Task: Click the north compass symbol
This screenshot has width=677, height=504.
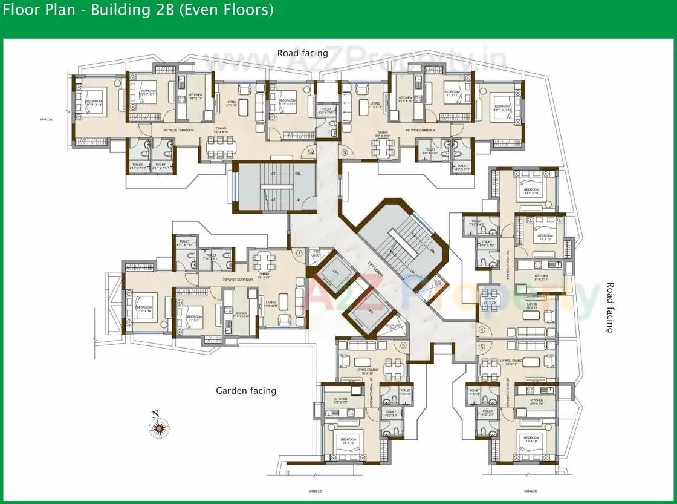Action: click(159, 426)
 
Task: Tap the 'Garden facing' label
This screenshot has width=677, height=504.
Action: click(246, 391)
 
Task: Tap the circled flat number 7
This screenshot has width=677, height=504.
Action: click(299, 254)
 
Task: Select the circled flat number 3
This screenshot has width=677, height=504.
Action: click(345, 153)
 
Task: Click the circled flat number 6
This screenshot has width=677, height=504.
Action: click(404, 345)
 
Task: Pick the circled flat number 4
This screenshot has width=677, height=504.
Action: click(482, 330)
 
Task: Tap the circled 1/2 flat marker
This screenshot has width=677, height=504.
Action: click(311, 152)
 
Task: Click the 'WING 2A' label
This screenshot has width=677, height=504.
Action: click(45, 120)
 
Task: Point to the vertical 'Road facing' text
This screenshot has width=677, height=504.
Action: click(609, 307)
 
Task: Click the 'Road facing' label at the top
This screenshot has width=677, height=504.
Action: click(302, 53)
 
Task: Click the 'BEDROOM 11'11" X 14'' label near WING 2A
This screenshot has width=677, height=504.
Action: click(94, 103)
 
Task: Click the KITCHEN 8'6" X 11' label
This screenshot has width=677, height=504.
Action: click(196, 97)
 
